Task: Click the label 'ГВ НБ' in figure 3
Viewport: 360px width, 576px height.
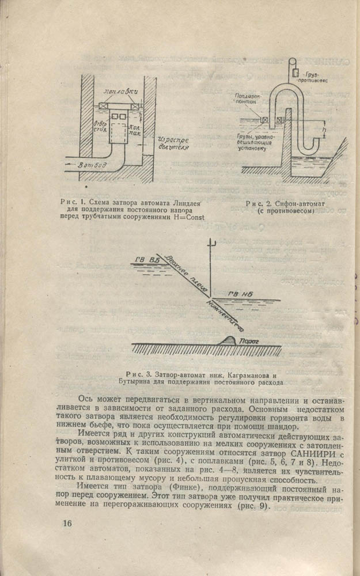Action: tap(238, 294)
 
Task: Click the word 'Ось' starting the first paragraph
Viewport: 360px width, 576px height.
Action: tap(86, 399)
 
